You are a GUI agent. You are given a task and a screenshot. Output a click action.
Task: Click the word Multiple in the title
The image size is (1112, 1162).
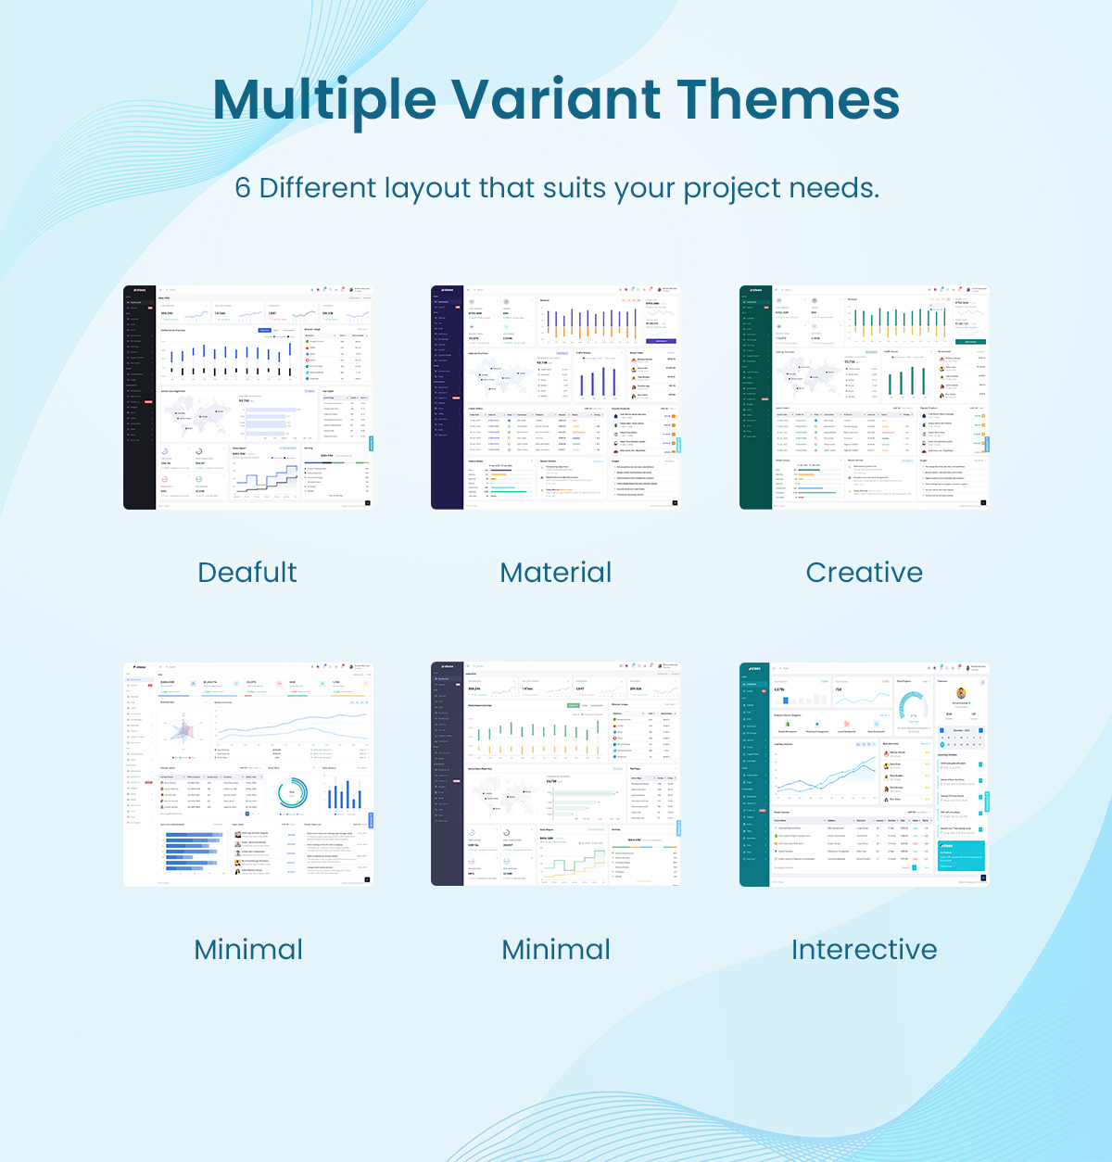tap(324, 100)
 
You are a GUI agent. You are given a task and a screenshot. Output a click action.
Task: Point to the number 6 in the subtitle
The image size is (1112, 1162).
tap(243, 188)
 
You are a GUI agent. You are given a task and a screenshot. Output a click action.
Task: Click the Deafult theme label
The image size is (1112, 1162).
tap(247, 573)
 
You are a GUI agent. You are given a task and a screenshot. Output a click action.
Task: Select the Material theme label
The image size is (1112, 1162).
tap(556, 573)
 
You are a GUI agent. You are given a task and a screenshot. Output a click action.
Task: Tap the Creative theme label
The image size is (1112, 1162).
tap(864, 573)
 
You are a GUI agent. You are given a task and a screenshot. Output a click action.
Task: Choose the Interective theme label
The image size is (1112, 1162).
tap(864, 950)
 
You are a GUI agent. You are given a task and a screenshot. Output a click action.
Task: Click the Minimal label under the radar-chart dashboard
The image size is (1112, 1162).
tap(248, 950)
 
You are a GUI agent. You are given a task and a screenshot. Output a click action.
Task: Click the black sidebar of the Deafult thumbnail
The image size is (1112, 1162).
tap(139, 398)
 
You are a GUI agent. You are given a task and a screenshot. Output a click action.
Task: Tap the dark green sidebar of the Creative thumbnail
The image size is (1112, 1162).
tap(755, 398)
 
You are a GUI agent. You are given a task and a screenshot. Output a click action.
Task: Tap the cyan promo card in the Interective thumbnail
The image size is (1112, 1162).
tap(961, 855)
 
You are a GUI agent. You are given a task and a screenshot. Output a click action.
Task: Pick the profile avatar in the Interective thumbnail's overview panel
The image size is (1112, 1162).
tap(961, 694)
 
